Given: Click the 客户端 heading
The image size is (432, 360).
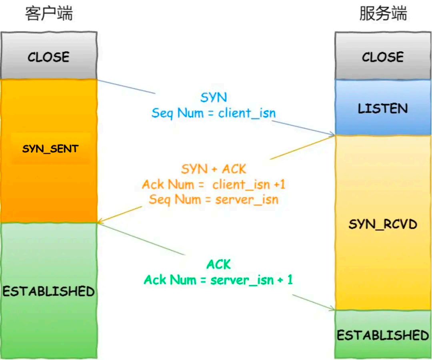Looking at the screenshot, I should pyautogui.click(x=49, y=14).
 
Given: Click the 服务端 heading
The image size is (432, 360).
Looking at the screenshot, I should pyautogui.click(x=383, y=14).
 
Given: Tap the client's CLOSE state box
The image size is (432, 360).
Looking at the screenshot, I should pyautogui.click(x=48, y=56).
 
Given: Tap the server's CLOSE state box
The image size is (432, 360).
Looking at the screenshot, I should pyautogui.click(x=383, y=56).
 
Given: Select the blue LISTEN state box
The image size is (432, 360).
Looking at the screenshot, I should pyautogui.click(x=383, y=108).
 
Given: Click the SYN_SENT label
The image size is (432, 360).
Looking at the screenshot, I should pyautogui.click(x=50, y=149).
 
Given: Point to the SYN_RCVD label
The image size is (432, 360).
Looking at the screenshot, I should pyautogui.click(x=383, y=224).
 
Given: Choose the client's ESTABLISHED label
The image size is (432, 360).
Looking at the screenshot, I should pyautogui.click(x=48, y=291).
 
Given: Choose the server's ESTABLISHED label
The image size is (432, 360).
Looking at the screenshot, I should pyautogui.click(x=383, y=335).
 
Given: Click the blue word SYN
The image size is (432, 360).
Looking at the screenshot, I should pyautogui.click(x=214, y=97).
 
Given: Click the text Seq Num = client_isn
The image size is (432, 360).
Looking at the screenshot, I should pyautogui.click(x=214, y=113).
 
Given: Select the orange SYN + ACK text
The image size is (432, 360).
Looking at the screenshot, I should pyautogui.click(x=214, y=169).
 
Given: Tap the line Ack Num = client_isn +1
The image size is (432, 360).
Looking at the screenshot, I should pyautogui.click(x=214, y=185).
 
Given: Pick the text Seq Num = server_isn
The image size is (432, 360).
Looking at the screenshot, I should pyautogui.click(x=214, y=199).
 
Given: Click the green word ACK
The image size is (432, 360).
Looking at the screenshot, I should pyautogui.click(x=219, y=265).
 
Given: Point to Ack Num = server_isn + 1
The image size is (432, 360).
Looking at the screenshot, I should pyautogui.click(x=218, y=280).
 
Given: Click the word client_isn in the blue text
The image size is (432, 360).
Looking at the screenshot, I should pyautogui.click(x=247, y=113).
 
